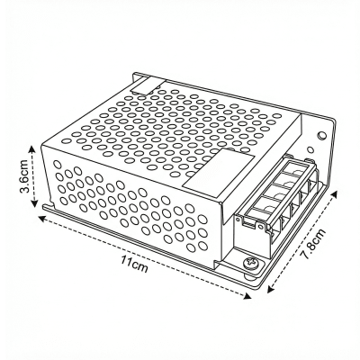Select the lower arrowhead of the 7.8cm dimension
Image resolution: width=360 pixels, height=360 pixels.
point(269,293)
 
